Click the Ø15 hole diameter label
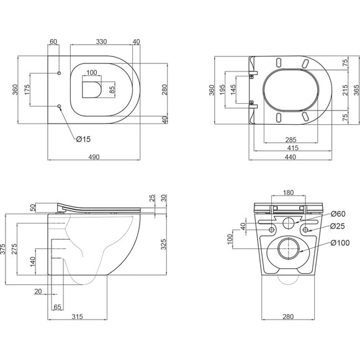[x=83, y=139]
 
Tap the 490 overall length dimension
[x=94, y=157]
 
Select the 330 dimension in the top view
[x=101, y=42]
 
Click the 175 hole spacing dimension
[x=27, y=89]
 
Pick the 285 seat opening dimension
[x=291, y=140]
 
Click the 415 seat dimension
[x=293, y=148]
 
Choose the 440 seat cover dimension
[x=290, y=157]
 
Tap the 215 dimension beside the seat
[x=345, y=90]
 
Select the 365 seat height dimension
[x=356, y=90]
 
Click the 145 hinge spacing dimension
[x=233, y=90]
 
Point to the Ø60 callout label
[x=338, y=214]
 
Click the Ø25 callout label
[x=338, y=226]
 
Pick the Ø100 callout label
[x=340, y=243]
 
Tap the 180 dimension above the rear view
[x=289, y=192]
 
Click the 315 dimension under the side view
[x=77, y=317]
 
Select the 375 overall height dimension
[x=2, y=249]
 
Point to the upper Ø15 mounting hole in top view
[x=59, y=73]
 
